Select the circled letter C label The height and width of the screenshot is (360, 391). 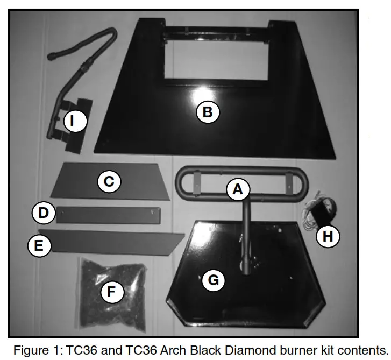108,181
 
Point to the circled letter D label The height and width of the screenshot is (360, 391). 43,213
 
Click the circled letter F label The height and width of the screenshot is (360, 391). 111,292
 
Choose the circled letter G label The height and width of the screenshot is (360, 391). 213,280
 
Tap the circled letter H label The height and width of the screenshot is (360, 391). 328,236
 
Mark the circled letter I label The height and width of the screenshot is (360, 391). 75,121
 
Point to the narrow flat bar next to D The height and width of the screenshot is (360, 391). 108,215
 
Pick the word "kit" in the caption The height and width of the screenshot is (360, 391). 315,351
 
